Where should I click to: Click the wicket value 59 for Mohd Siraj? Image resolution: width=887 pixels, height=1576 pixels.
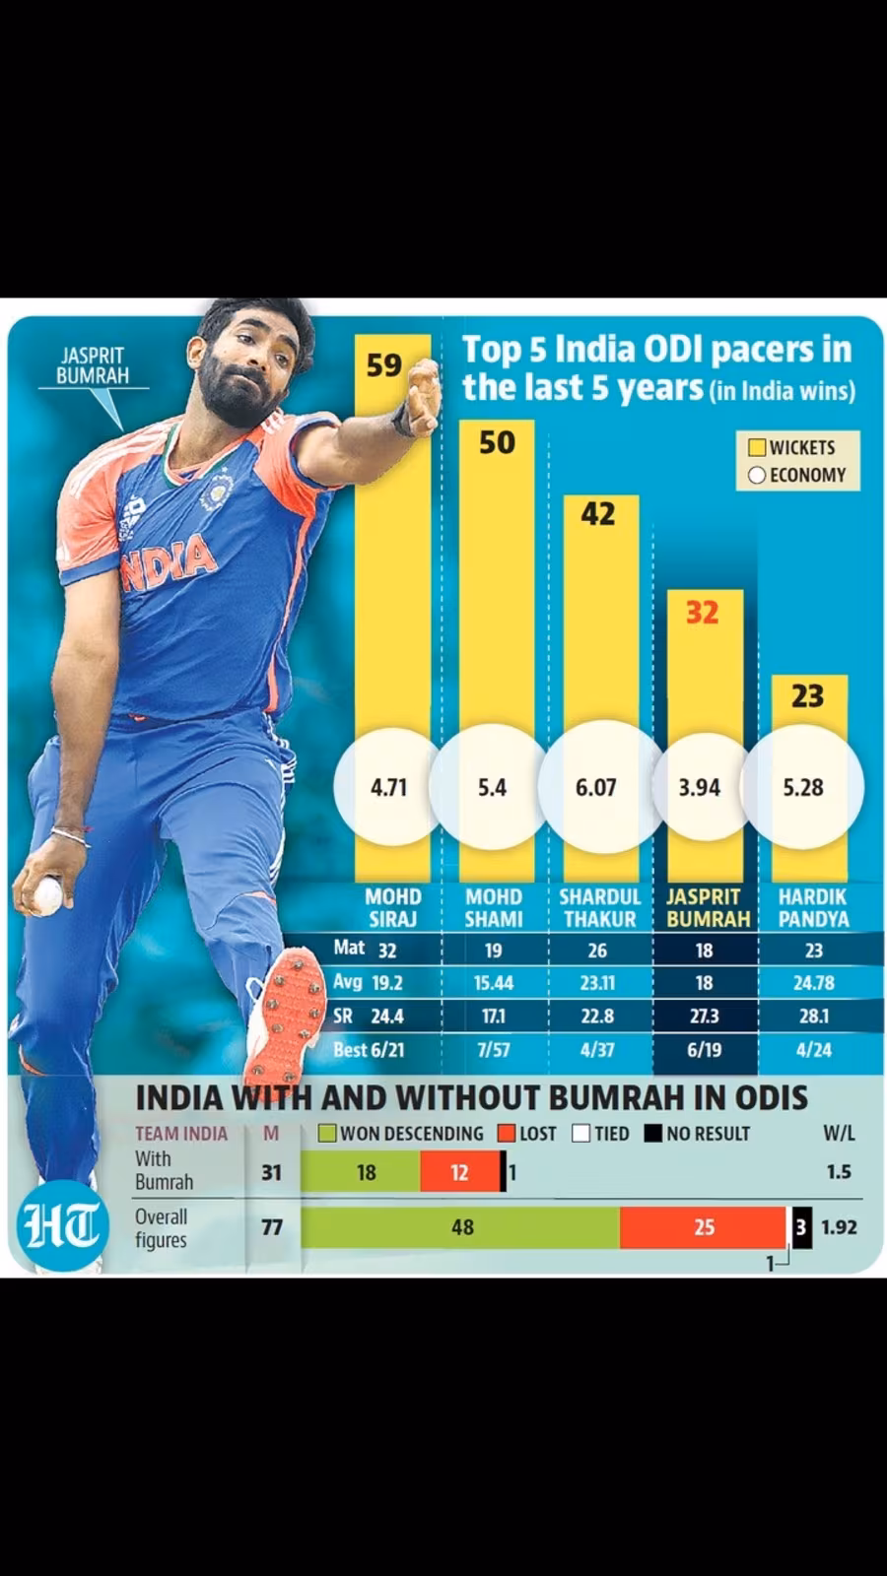point(383,365)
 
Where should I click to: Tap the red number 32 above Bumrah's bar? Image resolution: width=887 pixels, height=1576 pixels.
point(702,613)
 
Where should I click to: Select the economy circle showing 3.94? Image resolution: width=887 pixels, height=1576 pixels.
point(700,787)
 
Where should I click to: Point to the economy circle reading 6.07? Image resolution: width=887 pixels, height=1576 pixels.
point(596,787)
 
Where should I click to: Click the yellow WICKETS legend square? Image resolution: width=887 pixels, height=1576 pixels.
point(757,447)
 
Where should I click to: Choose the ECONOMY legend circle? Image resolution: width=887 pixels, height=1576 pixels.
point(757,475)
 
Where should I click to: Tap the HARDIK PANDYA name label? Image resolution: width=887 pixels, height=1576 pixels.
point(813,908)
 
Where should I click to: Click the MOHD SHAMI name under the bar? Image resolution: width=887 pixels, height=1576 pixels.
point(494,908)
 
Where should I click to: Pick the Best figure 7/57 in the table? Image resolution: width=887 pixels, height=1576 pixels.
point(494,1050)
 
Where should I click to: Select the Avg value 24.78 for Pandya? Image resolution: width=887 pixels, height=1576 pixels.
point(813,983)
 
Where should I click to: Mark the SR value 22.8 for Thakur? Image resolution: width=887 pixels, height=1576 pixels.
point(597,1017)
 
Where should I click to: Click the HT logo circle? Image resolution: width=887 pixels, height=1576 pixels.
point(61,1226)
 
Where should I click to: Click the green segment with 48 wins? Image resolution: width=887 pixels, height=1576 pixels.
point(461,1227)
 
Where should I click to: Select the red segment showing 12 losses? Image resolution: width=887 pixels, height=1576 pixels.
point(459,1172)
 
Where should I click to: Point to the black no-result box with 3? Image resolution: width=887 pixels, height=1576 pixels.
point(802,1227)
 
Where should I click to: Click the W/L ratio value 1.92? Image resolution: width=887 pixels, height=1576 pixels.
point(839,1227)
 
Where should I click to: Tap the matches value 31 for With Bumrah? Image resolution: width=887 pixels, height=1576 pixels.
point(271,1172)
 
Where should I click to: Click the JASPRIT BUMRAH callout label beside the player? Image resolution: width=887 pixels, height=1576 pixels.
point(93,365)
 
